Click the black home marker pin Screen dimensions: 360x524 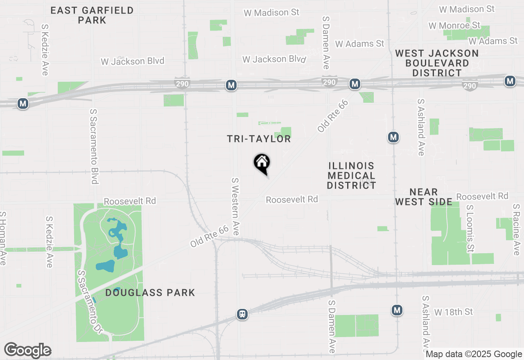(x=262, y=163)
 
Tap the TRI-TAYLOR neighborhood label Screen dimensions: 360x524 (x=259, y=139)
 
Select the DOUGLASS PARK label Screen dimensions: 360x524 (x=150, y=292)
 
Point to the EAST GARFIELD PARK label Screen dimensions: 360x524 (x=92, y=15)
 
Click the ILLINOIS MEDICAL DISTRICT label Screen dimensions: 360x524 (x=351, y=175)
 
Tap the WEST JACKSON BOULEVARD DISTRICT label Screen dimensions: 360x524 (x=437, y=63)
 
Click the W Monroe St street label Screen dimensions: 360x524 (x=454, y=26)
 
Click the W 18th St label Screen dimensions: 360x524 (x=453, y=312)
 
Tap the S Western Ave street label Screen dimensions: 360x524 (x=235, y=206)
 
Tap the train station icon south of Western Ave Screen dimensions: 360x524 (x=242, y=314)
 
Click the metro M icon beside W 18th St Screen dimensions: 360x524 (x=396, y=310)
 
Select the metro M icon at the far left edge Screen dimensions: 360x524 (x=23, y=104)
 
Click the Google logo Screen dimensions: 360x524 (x=27, y=350)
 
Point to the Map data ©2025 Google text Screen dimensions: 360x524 (x=474, y=354)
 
